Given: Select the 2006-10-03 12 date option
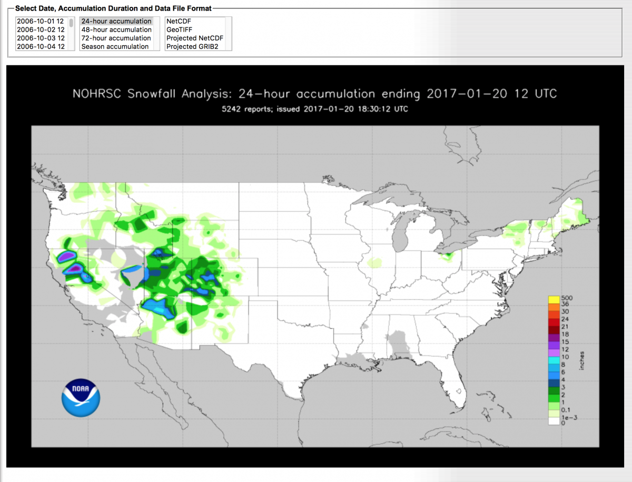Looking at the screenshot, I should coord(41,38).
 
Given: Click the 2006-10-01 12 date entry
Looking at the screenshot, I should coord(41,21).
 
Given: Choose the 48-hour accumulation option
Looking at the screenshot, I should coord(116,29).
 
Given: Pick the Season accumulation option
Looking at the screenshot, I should coord(115,46).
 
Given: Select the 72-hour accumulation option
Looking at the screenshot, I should coord(116,38).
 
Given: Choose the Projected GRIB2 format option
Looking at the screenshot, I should coord(192,46).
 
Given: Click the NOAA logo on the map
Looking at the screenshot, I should coord(81,398).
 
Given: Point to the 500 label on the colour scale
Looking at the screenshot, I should coord(567,298).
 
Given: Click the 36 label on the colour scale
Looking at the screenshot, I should coord(565,304).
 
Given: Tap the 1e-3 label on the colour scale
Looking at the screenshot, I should coord(568,417).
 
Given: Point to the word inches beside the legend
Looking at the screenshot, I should coord(582,361).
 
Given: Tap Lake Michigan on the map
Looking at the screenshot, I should coord(402,232).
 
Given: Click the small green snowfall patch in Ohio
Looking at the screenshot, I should coord(449,257).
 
